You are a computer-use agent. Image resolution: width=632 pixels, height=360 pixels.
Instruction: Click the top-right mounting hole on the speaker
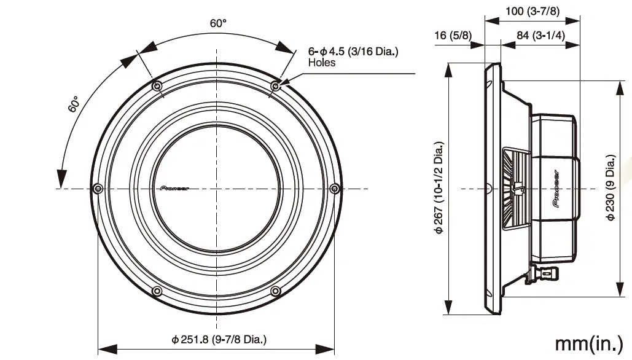[x=276, y=85]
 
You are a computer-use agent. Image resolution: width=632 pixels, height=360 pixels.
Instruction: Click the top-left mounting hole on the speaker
[x=157, y=85]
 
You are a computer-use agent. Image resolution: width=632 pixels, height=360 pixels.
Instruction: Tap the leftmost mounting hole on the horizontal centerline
[x=97, y=188]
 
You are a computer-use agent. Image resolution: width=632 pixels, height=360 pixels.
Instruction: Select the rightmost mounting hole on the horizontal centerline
[x=334, y=187]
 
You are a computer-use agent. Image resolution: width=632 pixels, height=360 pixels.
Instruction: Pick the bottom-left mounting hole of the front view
[x=157, y=291]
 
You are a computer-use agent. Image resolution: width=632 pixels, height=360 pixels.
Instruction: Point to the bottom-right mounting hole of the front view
[x=276, y=291]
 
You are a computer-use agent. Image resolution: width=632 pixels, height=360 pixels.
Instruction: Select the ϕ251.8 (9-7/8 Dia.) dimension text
[x=219, y=338]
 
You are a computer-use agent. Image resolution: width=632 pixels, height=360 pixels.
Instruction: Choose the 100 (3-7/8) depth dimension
[x=532, y=11]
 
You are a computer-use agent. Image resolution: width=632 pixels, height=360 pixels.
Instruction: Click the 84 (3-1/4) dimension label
[x=540, y=35]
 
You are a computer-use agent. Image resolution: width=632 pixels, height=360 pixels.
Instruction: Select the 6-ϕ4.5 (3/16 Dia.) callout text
[x=353, y=52]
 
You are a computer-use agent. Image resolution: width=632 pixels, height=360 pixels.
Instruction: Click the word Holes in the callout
[x=321, y=63]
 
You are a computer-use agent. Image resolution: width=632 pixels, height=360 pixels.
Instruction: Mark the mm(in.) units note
[x=588, y=343]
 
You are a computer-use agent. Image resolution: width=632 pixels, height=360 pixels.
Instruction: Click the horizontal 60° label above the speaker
[x=218, y=23]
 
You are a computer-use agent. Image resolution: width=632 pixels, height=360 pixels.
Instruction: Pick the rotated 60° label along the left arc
[x=74, y=104]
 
